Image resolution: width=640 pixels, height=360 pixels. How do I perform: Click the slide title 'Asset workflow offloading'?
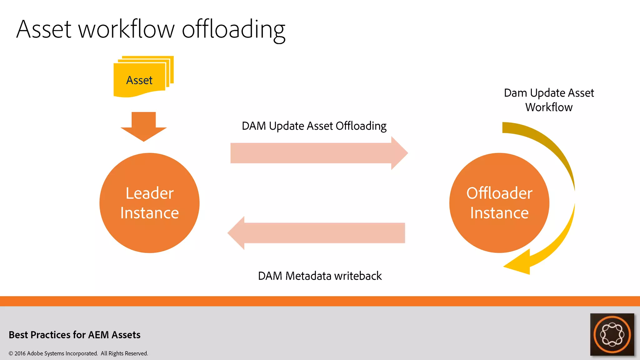tap(151, 30)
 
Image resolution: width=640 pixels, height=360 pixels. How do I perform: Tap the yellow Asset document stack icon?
tap(143, 77)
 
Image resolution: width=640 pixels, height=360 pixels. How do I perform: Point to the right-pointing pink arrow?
tap(319, 153)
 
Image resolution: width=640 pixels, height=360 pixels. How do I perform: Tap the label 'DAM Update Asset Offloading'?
tap(314, 126)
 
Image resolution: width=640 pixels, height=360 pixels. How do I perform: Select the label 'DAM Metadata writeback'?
tap(320, 276)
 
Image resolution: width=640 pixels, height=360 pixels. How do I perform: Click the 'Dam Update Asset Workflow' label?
tap(549, 100)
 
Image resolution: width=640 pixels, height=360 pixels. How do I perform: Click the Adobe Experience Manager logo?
tap(612, 334)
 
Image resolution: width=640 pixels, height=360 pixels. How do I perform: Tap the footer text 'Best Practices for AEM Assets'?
tap(75, 335)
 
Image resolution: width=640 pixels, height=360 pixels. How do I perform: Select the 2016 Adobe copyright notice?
tap(78, 353)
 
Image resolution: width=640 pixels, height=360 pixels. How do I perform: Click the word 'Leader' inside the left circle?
tap(149, 193)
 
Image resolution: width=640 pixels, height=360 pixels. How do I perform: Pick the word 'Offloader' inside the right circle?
tap(499, 193)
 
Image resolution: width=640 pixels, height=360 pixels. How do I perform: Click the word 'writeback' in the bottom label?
tap(358, 276)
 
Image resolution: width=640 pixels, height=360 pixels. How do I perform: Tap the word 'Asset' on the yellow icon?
tap(139, 80)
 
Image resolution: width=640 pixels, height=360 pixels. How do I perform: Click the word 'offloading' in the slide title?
tap(233, 30)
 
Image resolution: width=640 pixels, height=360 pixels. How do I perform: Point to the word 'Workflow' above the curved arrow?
tap(549, 107)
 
